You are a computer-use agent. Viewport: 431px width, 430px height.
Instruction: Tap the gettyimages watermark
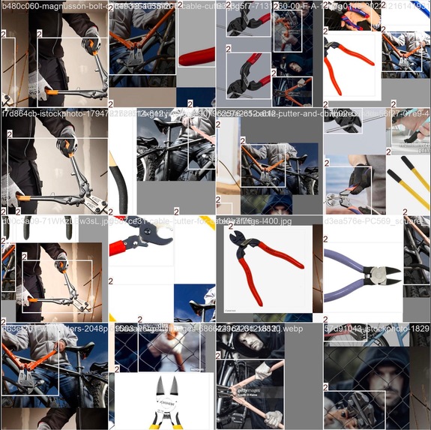(250, 391)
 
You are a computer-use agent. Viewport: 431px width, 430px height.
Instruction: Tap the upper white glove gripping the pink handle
(262, 369)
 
